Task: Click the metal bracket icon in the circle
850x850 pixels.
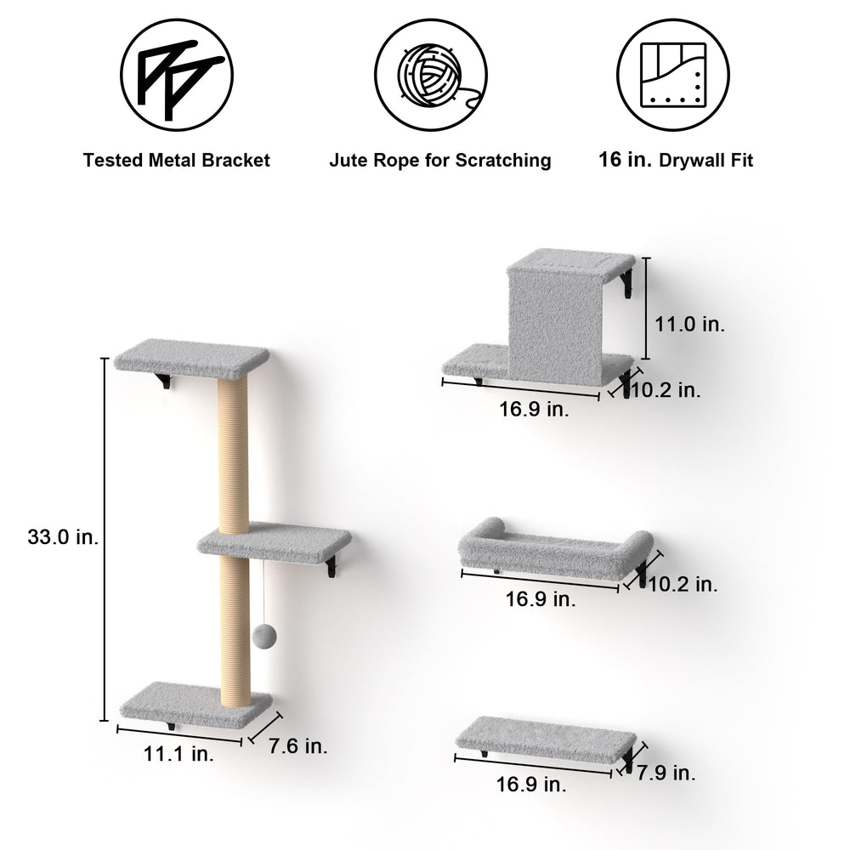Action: [177, 75]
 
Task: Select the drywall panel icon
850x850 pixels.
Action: [672, 75]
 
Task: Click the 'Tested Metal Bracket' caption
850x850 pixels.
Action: [176, 161]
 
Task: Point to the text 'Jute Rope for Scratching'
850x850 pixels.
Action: [440, 161]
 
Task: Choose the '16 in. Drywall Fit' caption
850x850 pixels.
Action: [676, 160]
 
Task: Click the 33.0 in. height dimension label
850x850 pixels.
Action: [64, 537]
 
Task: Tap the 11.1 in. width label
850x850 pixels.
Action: [178, 753]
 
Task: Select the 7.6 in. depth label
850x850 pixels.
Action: [298, 746]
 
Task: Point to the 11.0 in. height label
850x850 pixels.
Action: [689, 324]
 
